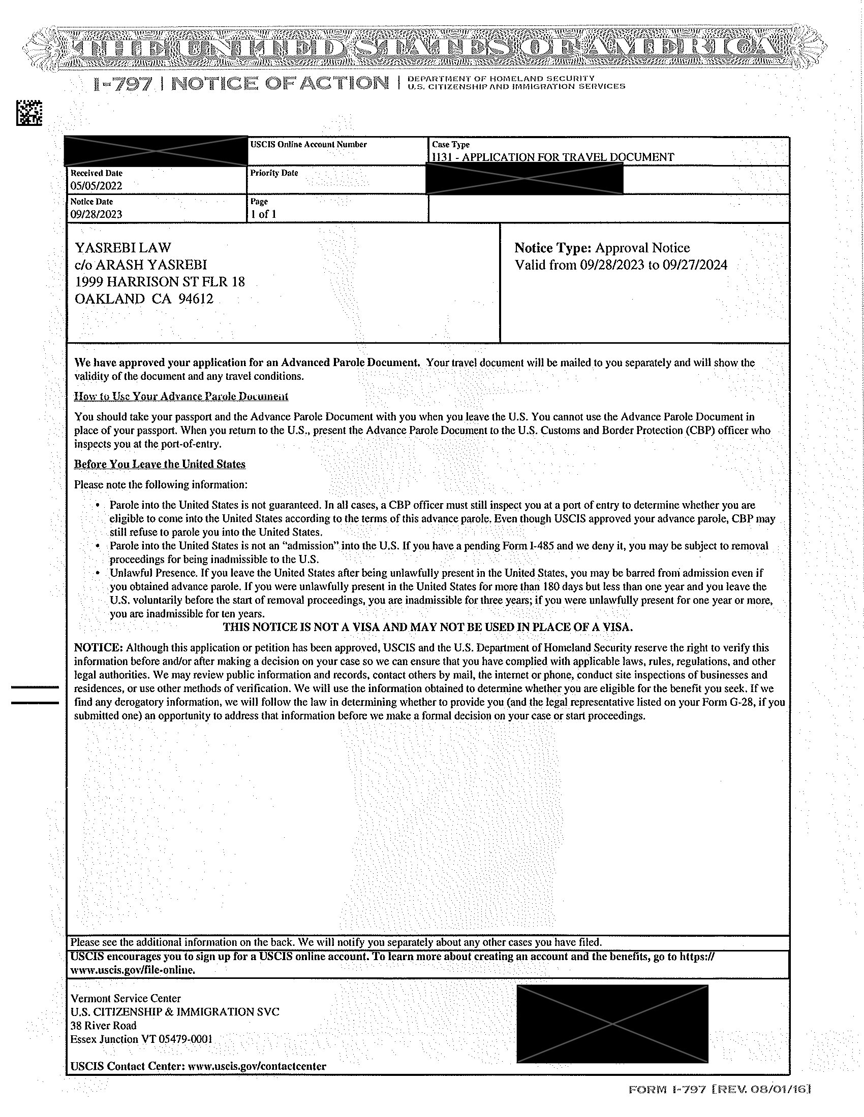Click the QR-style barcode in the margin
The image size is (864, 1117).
pyautogui.click(x=28, y=113)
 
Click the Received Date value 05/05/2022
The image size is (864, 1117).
pyautogui.click(x=96, y=186)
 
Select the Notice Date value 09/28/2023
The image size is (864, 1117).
pyautogui.click(x=96, y=214)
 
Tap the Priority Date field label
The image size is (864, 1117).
pyautogui.click(x=274, y=173)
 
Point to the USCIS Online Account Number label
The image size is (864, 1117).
pyautogui.click(x=308, y=144)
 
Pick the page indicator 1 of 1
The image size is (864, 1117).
pyautogui.click(x=263, y=214)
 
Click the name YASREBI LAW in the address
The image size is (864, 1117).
pyautogui.click(x=123, y=248)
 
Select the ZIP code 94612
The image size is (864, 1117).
pyautogui.click(x=195, y=299)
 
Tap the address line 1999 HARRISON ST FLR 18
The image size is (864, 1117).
pyautogui.click(x=160, y=282)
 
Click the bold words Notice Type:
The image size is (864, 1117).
pyautogui.click(x=553, y=248)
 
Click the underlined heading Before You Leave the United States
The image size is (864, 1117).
pyautogui.click(x=160, y=464)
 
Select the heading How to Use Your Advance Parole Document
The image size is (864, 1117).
pyautogui.click(x=181, y=396)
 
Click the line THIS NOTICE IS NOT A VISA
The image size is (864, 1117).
pyautogui.click(x=428, y=627)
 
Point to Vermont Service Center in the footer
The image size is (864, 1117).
pyautogui.click(x=126, y=998)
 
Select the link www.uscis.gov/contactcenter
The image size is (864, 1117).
pyautogui.click(x=257, y=1066)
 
